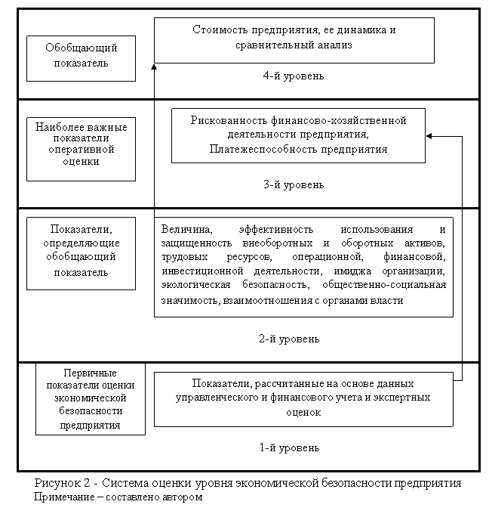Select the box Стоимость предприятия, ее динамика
(x=294, y=39)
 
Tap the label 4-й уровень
(x=294, y=76)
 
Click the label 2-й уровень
(x=289, y=339)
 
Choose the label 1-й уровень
(x=289, y=447)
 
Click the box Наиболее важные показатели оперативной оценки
(x=81, y=149)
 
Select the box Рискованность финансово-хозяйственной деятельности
(x=298, y=135)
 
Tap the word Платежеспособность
(x=256, y=150)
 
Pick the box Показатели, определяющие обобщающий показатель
(x=81, y=252)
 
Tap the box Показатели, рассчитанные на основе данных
(x=303, y=398)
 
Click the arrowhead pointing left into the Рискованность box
(x=429, y=136)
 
